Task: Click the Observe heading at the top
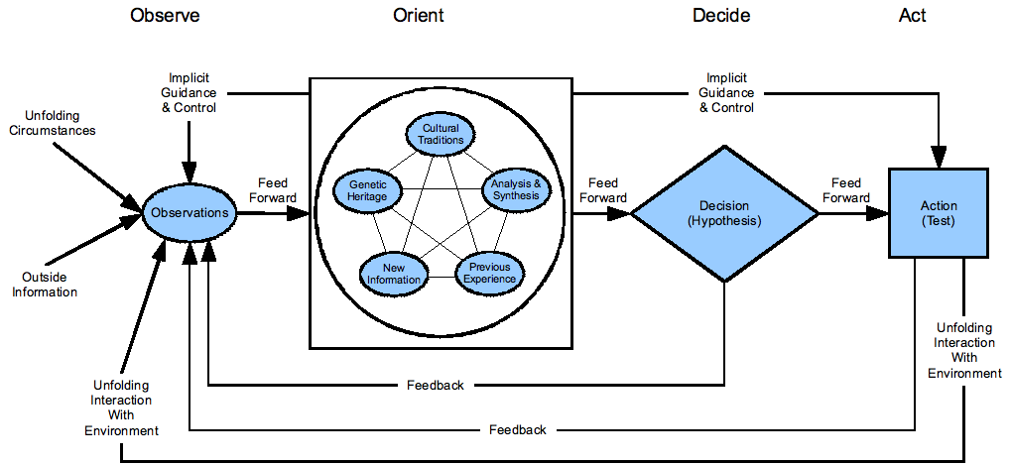[x=166, y=15]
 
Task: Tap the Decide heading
[x=721, y=15]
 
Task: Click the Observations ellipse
[x=189, y=212]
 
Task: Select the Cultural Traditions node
[x=442, y=134]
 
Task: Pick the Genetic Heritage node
[x=368, y=189]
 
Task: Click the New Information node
[x=394, y=273]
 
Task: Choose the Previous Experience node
[x=489, y=273]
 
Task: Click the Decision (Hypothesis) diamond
[x=725, y=213]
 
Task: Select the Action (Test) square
[x=938, y=213]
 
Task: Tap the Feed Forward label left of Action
[x=846, y=190]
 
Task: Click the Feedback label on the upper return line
[x=436, y=385]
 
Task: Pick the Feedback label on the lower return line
[x=517, y=429]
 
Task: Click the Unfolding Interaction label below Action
[x=964, y=350]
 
